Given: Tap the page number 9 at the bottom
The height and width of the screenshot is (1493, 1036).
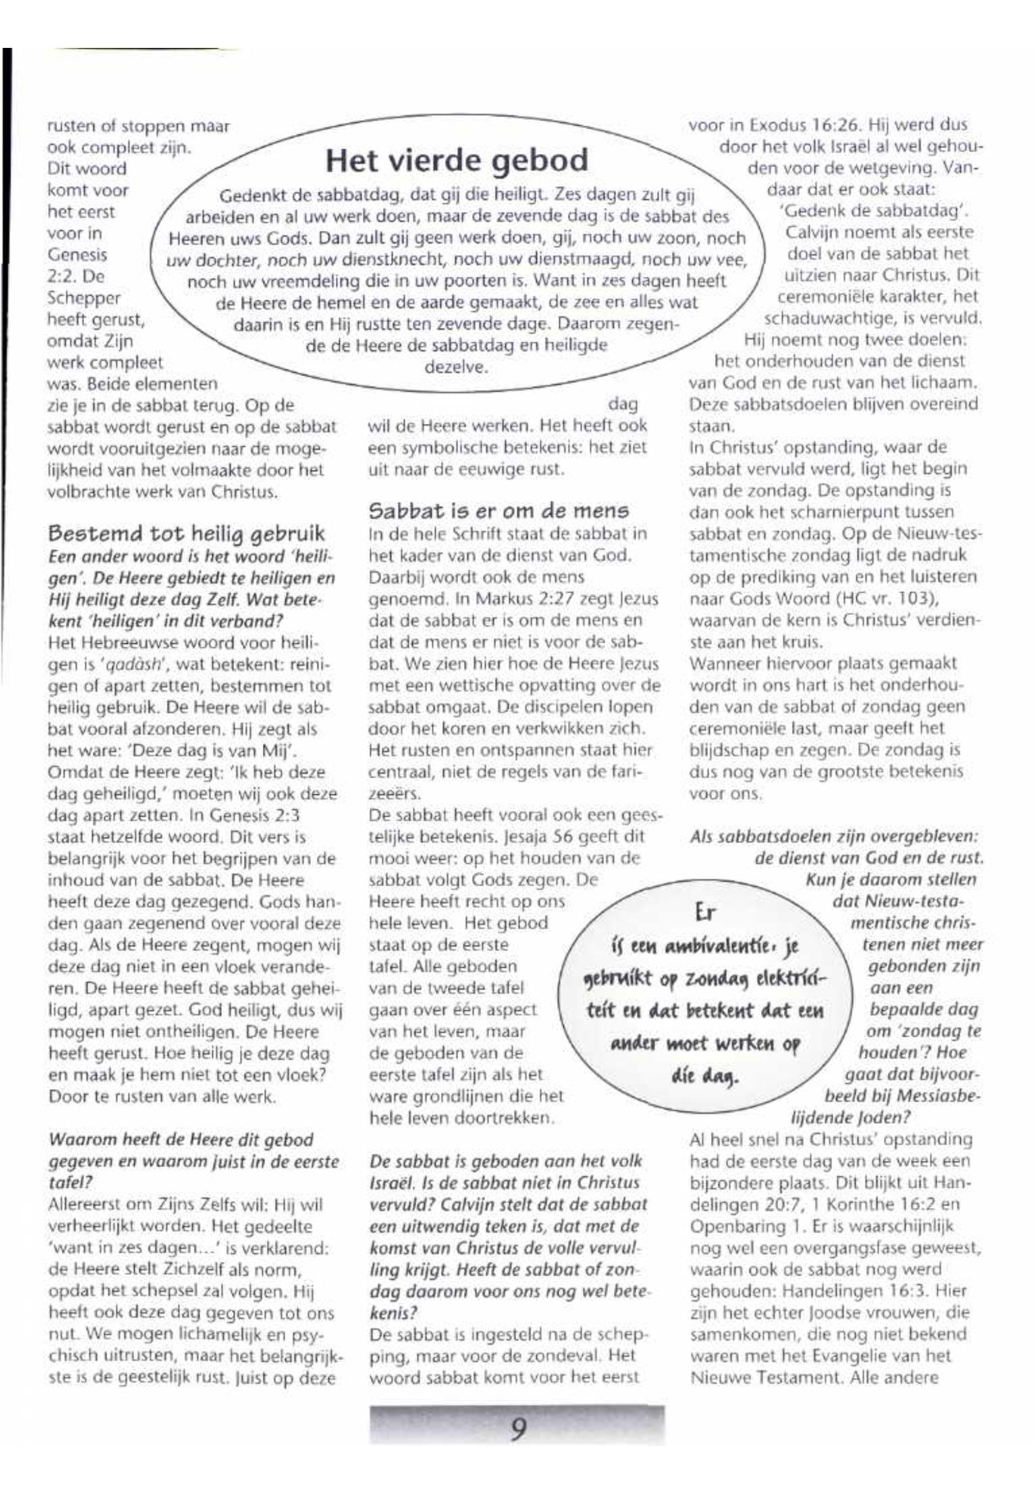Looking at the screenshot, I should click(x=517, y=1428).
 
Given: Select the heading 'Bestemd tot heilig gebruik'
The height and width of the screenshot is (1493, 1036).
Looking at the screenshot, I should click(x=186, y=533).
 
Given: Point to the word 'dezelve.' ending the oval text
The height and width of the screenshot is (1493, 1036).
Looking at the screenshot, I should click(x=456, y=367).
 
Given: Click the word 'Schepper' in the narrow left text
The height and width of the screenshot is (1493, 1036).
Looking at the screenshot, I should click(x=84, y=298).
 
